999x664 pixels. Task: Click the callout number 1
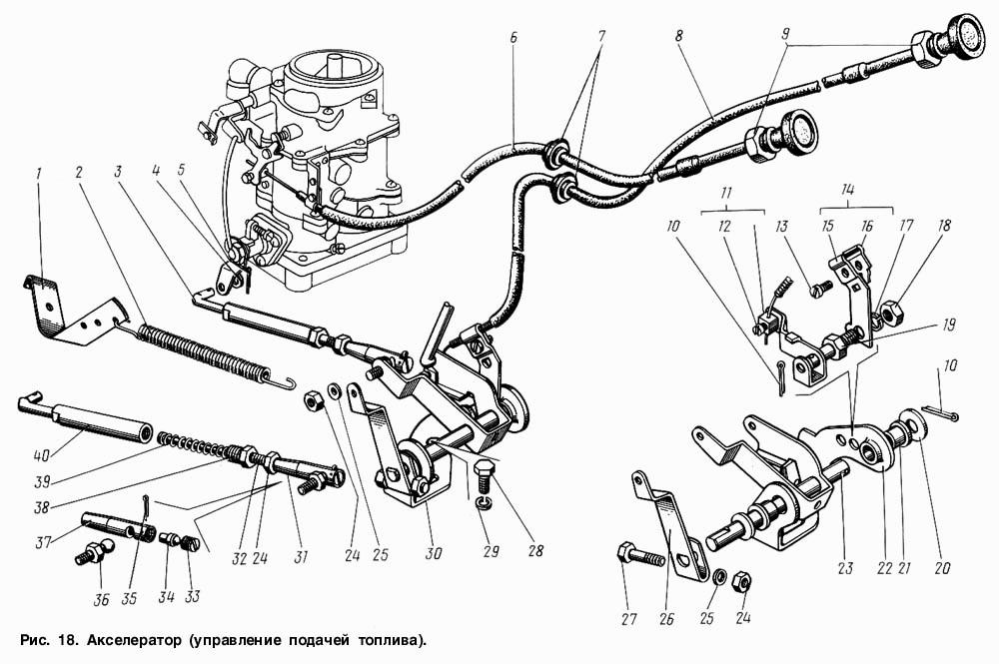point(40,173)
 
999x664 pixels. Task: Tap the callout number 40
point(41,456)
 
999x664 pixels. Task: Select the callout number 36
point(101,600)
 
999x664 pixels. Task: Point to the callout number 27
point(628,619)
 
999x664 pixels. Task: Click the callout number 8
point(678,36)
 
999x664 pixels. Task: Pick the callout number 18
point(944,226)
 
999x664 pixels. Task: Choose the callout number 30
point(434,553)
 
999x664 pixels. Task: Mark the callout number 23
point(845,567)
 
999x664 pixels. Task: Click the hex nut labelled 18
point(887,313)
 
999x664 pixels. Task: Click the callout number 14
point(848,190)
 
